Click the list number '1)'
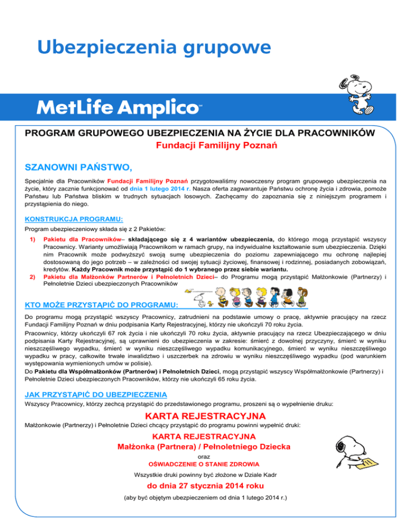(x=32, y=240)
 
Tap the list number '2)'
(x=32, y=278)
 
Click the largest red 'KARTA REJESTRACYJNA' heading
(x=205, y=416)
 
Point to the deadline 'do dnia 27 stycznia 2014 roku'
(x=205, y=487)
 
